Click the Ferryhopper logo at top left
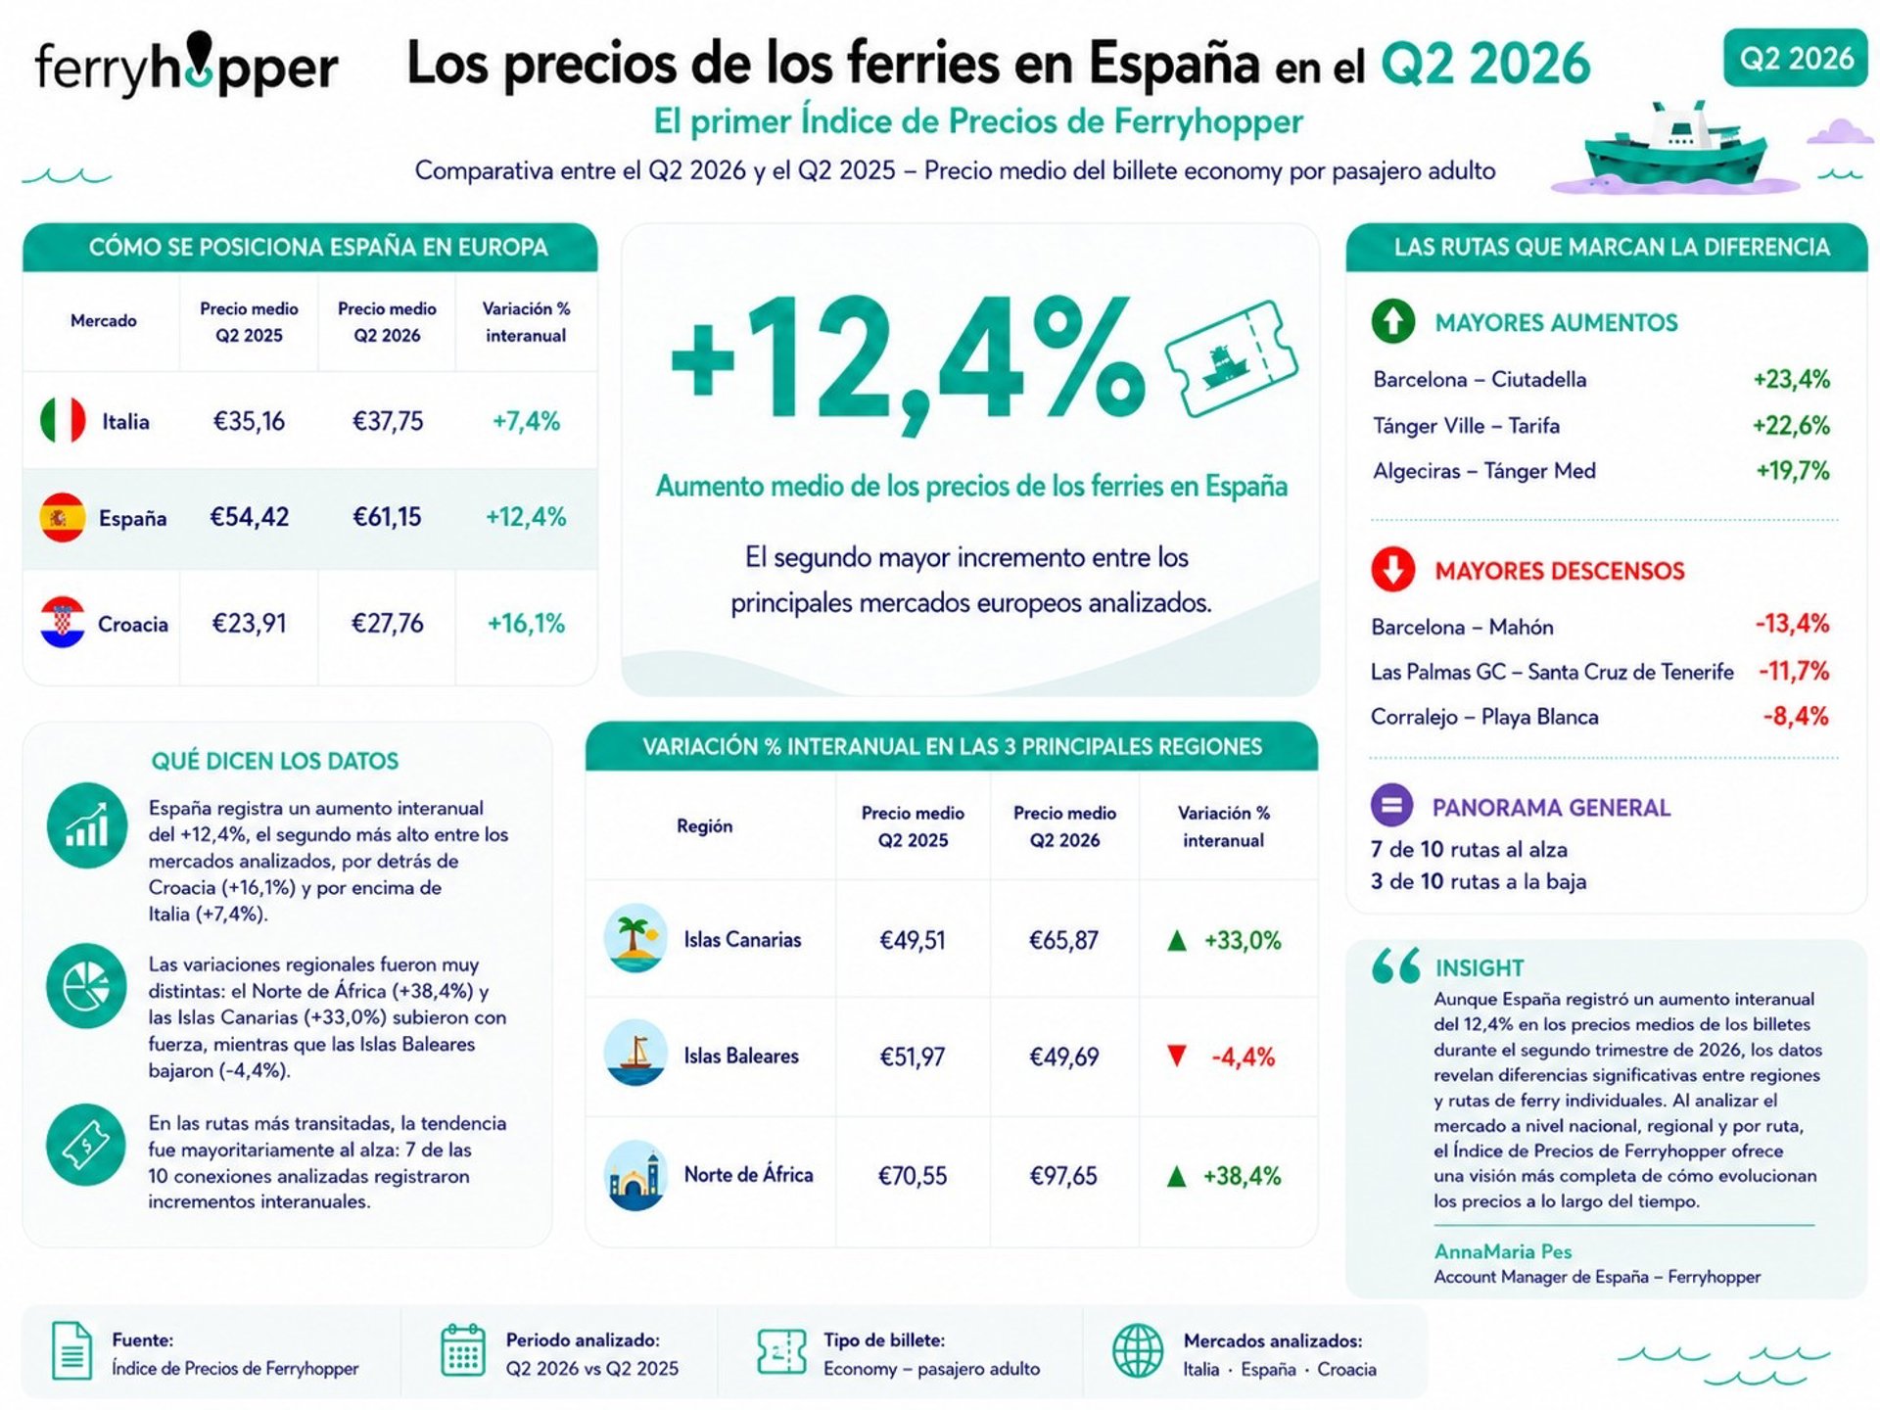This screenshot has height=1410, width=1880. [x=186, y=66]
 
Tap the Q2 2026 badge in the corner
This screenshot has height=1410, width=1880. [x=1796, y=59]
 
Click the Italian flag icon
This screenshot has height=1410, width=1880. [x=63, y=421]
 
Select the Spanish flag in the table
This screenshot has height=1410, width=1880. [x=63, y=517]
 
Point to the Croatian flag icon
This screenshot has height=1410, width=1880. [x=63, y=623]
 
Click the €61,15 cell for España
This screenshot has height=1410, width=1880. [x=387, y=517]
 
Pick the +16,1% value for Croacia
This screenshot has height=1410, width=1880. [x=526, y=624]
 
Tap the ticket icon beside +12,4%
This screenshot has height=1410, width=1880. [x=1231, y=358]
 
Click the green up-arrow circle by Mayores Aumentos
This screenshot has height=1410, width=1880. [x=1393, y=321]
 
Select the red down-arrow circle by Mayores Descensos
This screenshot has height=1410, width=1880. [x=1393, y=570]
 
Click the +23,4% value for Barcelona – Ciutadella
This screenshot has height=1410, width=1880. [x=1792, y=379]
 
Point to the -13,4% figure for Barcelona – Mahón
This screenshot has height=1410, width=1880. [x=1792, y=624]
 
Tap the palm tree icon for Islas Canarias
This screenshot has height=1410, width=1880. [x=635, y=938]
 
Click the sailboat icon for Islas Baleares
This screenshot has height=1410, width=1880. [x=635, y=1054]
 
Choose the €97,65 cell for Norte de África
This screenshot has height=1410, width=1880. [x=1063, y=1175]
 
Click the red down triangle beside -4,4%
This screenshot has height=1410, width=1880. [x=1177, y=1057]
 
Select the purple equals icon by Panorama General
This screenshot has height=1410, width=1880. [x=1391, y=806]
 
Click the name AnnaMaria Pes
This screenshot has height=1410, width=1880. [x=1503, y=1251]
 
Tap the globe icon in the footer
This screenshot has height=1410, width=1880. [x=1138, y=1351]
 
